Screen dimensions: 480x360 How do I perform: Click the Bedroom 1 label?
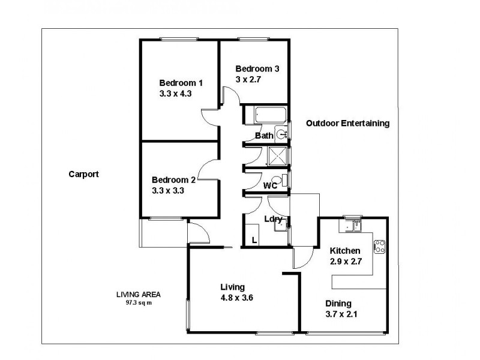(x=181, y=83)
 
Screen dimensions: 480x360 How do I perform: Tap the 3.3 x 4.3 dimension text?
(x=175, y=94)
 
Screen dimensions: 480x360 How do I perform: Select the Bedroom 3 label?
(x=257, y=69)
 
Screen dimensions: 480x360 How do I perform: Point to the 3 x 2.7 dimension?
(x=248, y=80)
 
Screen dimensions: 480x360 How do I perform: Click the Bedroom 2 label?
(x=173, y=180)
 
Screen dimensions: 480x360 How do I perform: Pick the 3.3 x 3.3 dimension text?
(x=168, y=191)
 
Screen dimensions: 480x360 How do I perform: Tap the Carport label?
(x=83, y=174)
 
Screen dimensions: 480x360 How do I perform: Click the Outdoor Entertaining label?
(x=348, y=124)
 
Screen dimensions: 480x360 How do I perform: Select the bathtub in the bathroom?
(x=271, y=115)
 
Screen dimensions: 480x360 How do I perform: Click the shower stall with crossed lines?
(x=278, y=157)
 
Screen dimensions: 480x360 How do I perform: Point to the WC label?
(x=270, y=186)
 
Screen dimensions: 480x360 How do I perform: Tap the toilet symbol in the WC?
(x=279, y=180)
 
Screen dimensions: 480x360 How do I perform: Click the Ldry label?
(x=273, y=219)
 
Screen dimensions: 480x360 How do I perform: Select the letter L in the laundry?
(x=254, y=241)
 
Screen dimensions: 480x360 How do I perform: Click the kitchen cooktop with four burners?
(x=380, y=247)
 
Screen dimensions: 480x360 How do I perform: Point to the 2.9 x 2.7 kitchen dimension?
(x=346, y=262)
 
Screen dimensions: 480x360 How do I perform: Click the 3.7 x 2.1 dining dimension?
(x=341, y=314)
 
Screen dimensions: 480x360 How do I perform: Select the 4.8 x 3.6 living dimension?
(x=236, y=298)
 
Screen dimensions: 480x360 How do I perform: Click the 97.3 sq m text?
(x=139, y=303)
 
